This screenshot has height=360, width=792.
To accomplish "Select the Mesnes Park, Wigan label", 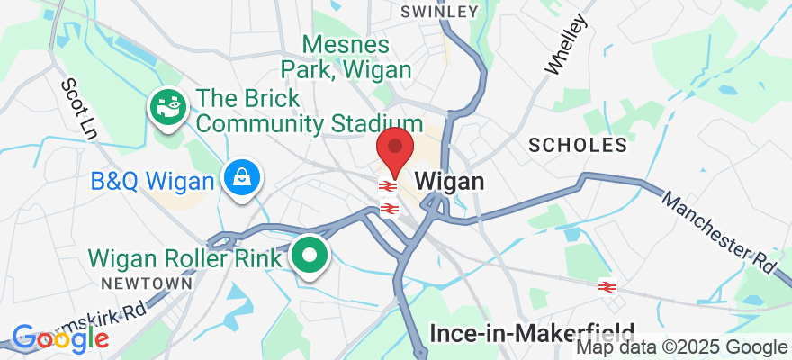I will [x=346, y=56].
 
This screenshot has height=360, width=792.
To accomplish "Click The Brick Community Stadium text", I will [x=296, y=111].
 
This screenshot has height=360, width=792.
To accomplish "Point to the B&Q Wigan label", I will [x=153, y=182].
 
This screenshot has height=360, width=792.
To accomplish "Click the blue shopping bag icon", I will [x=242, y=177].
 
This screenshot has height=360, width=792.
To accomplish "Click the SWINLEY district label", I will [x=438, y=12].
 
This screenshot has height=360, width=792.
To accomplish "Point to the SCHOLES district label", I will [x=578, y=145].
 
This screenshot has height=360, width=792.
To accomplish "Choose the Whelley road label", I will [x=566, y=44].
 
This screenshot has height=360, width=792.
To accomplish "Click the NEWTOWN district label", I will [x=148, y=283].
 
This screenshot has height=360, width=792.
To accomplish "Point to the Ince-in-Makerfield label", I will [x=532, y=333].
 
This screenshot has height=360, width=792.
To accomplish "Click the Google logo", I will [x=59, y=338].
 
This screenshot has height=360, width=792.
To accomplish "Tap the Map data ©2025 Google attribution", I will [x=681, y=347].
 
